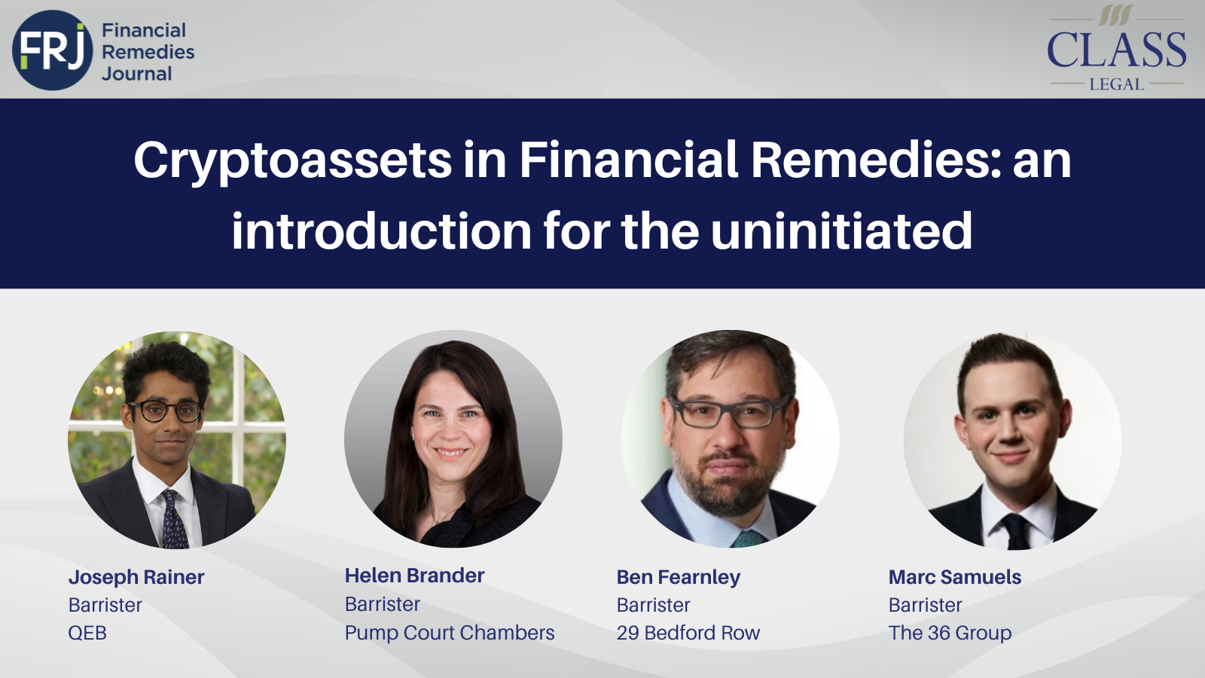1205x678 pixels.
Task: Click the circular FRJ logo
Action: click(53, 50)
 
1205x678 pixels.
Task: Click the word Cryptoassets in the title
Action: click(293, 160)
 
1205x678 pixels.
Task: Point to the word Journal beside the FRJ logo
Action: click(137, 74)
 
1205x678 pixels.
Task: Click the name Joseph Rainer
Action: click(136, 577)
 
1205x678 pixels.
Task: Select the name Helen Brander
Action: click(414, 576)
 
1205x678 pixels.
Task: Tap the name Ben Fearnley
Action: click(678, 577)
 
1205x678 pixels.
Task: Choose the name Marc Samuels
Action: click(954, 577)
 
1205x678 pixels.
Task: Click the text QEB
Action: click(87, 633)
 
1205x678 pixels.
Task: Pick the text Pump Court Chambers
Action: click(450, 633)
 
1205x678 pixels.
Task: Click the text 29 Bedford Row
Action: click(688, 633)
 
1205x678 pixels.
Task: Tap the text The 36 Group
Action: click(950, 633)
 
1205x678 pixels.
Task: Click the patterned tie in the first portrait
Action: click(174, 520)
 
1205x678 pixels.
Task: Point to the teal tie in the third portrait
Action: click(747, 538)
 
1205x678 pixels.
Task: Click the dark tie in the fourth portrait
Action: click(1015, 530)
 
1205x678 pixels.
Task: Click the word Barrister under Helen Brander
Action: click(383, 604)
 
